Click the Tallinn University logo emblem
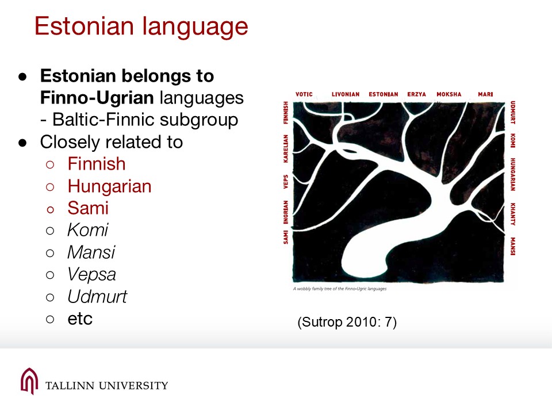click(29, 381)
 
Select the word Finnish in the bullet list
click(97, 164)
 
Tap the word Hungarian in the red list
click(109, 186)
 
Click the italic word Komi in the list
click(87, 230)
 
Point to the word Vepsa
click(91, 275)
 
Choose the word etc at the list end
click(80, 319)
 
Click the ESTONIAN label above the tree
click(384, 94)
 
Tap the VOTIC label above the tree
click(304, 94)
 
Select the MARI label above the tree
click(485, 94)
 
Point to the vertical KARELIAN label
click(286, 148)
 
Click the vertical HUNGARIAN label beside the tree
click(513, 174)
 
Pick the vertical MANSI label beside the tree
click(513, 247)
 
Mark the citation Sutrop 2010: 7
click(347, 322)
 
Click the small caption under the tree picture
click(340, 289)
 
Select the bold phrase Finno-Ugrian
click(97, 98)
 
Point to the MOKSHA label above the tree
click(449, 94)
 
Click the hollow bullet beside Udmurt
click(50, 297)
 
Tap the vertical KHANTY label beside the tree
click(513, 214)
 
